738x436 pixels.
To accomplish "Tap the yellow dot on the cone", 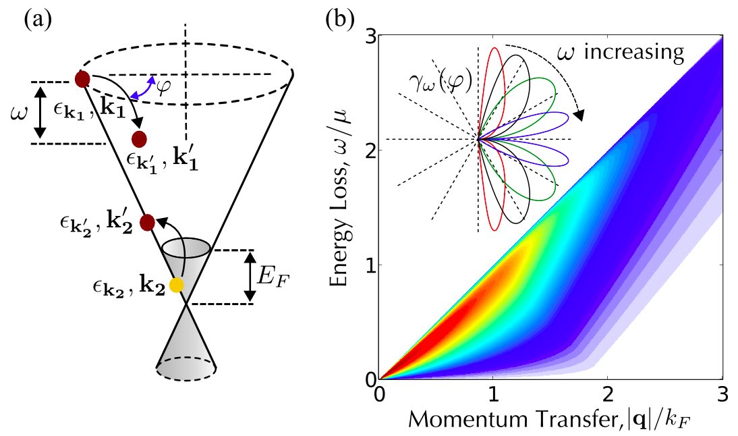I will tap(177, 285).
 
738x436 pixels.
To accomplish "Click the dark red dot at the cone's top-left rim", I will tap(82, 80).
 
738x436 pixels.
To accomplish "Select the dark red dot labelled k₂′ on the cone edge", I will tap(147, 222).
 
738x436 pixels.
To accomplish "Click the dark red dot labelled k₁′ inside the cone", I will tap(139, 140).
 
